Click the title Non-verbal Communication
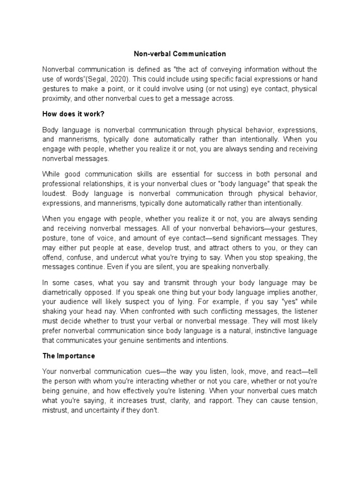[x=180, y=54]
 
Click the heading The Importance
[x=68, y=356]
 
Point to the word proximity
[x=57, y=98]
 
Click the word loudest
[x=56, y=194]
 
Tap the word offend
[x=52, y=258]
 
